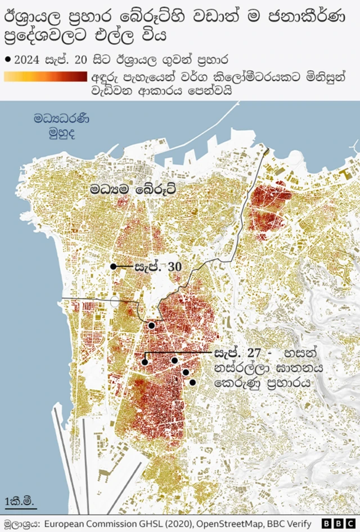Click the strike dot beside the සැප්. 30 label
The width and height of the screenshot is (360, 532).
coord(113,266)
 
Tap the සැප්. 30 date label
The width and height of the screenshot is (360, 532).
coord(157,266)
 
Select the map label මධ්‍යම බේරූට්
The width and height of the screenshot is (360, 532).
coord(133,189)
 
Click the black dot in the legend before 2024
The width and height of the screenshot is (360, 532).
coord(7,58)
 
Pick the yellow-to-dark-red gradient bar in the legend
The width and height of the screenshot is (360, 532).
coord(45,77)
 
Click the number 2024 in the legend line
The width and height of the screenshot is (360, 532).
coord(27,58)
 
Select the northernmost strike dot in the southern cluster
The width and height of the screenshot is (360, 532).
coord(151,325)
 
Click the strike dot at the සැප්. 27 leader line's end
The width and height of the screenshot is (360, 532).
coord(145,362)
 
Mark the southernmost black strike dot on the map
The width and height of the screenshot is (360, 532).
coord(192,383)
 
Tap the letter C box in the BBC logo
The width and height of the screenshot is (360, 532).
coord(349,522)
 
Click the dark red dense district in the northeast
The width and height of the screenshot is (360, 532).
coord(267,208)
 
